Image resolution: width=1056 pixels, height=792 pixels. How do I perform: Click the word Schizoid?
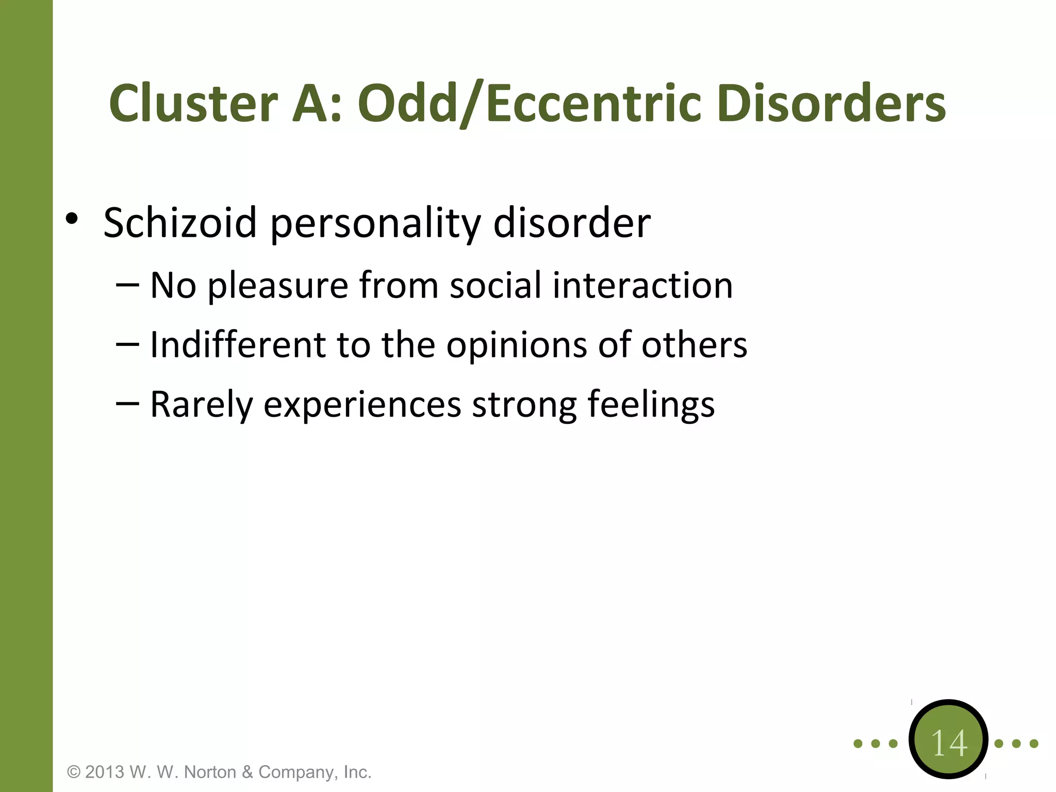pos(180,223)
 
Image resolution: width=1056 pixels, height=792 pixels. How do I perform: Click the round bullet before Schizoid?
pos(72,220)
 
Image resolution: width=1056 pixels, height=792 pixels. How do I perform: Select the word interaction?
pos(642,285)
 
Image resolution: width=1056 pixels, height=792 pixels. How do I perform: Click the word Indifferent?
pos(237,344)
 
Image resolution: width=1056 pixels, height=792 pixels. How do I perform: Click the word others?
pos(694,344)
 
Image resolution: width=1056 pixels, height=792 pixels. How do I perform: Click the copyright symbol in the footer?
pos(74,772)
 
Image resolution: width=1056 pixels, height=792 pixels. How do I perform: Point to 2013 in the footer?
pos(105,772)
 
